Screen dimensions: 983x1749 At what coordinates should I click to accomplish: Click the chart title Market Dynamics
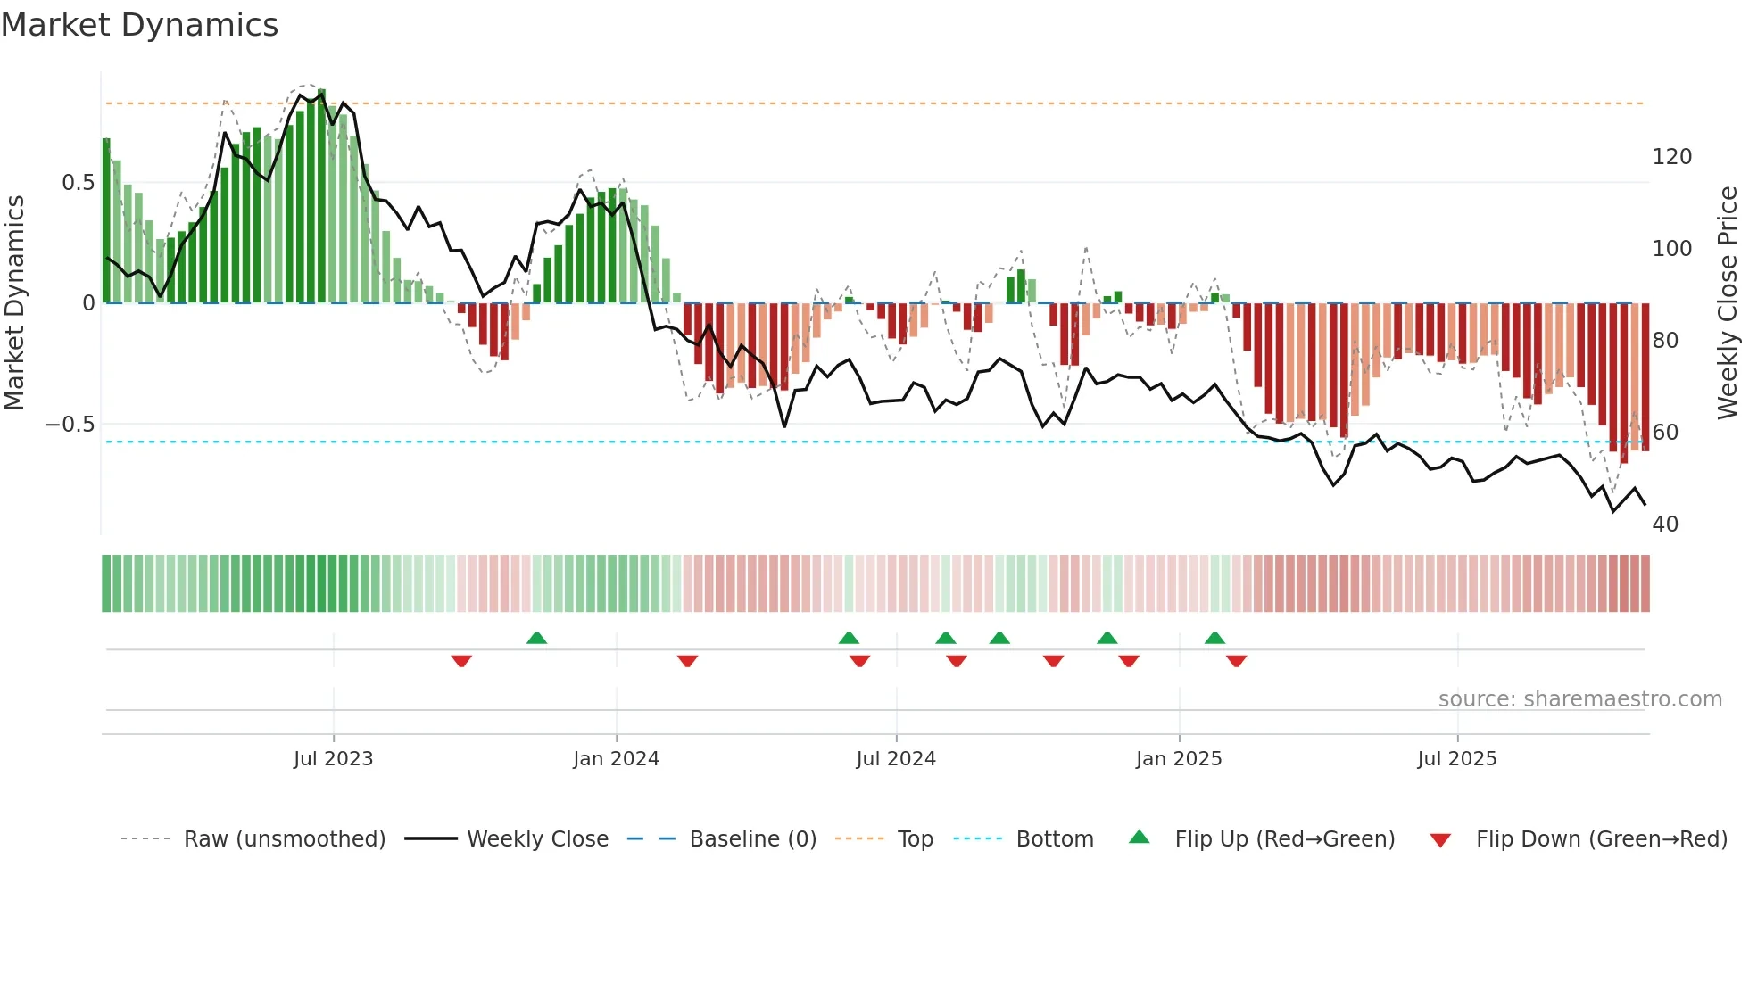tap(139, 25)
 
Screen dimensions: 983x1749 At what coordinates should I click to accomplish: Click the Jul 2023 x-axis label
tap(333, 759)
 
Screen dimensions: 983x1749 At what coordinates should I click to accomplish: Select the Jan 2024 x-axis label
tap(616, 759)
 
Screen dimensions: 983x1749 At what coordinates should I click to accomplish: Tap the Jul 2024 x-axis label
tap(896, 759)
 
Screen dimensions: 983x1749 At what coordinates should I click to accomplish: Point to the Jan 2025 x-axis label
tap(1179, 759)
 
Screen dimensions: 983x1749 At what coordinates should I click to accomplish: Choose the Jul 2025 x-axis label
tap(1457, 759)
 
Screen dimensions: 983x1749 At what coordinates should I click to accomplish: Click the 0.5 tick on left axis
tap(78, 183)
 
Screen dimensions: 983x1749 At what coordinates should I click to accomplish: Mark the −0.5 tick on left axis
tap(70, 425)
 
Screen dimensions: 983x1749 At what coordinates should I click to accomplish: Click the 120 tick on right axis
tap(1671, 157)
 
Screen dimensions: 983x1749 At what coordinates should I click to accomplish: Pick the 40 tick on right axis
tap(1665, 525)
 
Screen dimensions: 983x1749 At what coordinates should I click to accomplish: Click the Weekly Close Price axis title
tap(1728, 303)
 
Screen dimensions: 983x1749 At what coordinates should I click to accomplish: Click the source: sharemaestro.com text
tap(1579, 699)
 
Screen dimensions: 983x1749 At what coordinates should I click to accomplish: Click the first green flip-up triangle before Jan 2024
tap(536, 639)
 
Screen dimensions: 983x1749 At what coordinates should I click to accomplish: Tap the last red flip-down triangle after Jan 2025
tap(1236, 661)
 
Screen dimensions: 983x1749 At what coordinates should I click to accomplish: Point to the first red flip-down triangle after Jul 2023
tap(461, 661)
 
